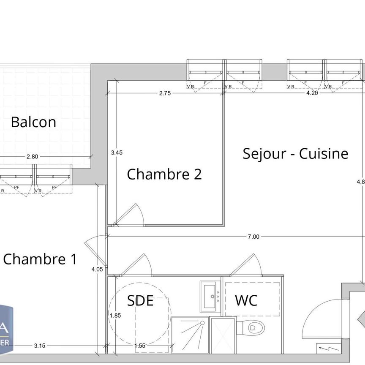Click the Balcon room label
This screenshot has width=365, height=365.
click(x=33, y=122)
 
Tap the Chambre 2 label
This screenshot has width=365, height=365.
click(x=164, y=174)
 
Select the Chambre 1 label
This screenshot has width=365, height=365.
click(x=40, y=259)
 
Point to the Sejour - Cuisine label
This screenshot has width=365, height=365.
click(x=295, y=154)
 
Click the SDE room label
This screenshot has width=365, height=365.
click(x=140, y=301)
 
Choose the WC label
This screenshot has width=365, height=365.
click(x=246, y=301)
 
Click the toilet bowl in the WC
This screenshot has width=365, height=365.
click(x=252, y=327)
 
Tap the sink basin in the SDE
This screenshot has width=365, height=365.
click(x=210, y=296)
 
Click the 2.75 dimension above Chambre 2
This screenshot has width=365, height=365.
click(x=165, y=94)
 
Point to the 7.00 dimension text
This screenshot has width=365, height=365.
click(x=253, y=237)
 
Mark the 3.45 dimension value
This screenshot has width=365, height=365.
click(x=117, y=153)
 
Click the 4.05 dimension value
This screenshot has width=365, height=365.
click(x=97, y=269)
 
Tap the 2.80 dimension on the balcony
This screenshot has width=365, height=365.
click(x=32, y=156)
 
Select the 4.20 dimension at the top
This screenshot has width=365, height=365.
click(x=312, y=94)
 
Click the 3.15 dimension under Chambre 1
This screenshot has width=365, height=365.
click(x=39, y=346)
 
